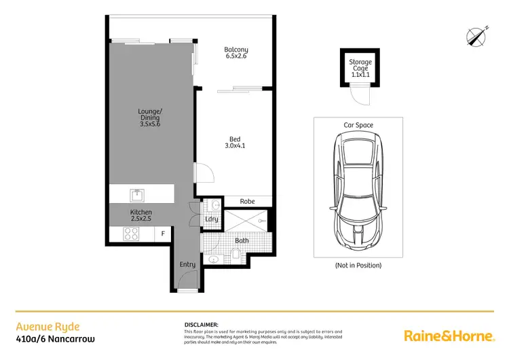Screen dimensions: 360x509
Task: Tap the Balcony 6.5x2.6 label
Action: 236,53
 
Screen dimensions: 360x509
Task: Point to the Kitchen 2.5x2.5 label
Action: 141,216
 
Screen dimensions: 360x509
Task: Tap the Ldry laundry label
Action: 211,219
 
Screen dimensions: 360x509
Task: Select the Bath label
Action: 242,240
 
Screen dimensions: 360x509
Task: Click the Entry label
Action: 187,264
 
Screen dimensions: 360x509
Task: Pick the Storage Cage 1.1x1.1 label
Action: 360,69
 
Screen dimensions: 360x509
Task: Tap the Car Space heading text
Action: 358,126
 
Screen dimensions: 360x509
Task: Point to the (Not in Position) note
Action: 358,265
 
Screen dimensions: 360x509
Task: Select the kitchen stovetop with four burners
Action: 131,234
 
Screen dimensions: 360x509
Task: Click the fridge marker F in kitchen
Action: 162,234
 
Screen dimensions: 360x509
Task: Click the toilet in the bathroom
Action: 234,255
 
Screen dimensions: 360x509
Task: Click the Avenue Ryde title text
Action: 39,325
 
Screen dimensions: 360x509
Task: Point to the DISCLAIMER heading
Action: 201,325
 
